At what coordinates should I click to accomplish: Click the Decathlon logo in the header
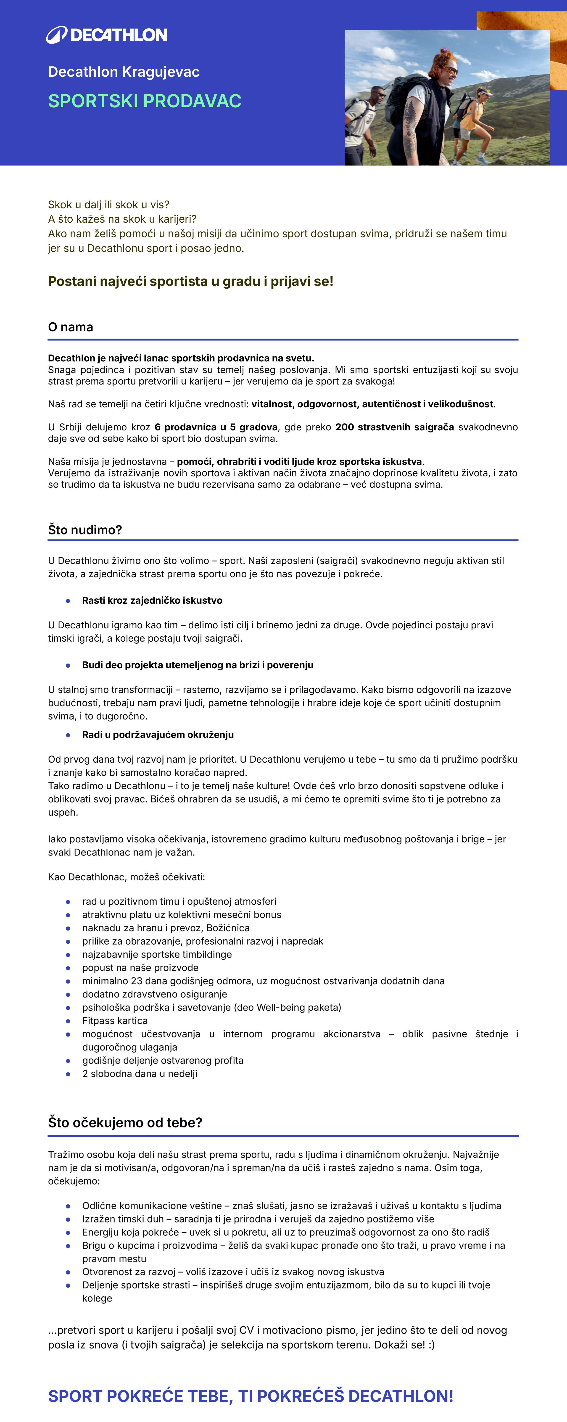[x=107, y=35]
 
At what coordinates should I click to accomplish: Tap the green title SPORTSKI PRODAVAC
[x=145, y=101]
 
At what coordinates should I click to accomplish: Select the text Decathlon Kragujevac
[x=124, y=72]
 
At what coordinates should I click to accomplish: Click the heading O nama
[x=71, y=327]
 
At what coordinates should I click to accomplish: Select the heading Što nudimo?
[x=85, y=530]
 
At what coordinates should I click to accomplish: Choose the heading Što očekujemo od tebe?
[x=125, y=1122]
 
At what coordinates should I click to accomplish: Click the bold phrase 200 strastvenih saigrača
[x=394, y=427]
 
